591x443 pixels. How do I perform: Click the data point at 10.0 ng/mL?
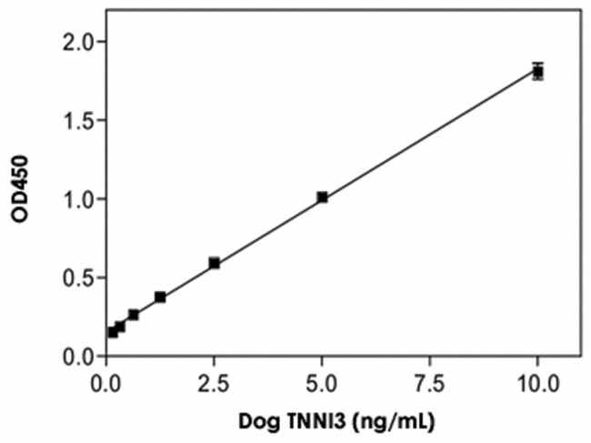coord(538,71)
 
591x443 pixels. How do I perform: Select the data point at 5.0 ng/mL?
coord(322,196)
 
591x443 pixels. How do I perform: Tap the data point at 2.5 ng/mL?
coord(215,263)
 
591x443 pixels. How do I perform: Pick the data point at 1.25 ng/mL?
coord(160,297)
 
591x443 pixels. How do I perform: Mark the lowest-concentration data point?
coord(113,332)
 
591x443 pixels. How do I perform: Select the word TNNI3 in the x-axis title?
coord(308,422)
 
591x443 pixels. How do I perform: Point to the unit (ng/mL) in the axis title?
coord(379,422)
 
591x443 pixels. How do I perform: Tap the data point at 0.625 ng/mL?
coord(134,315)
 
